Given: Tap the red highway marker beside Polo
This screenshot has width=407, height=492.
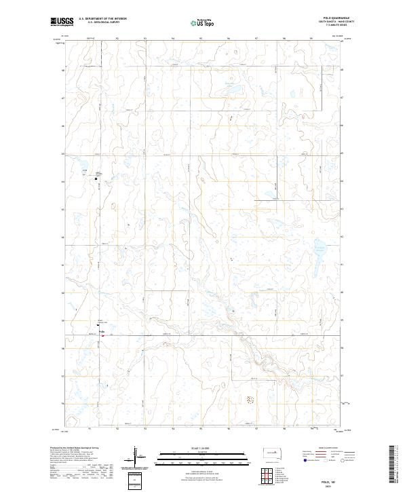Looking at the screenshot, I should pyautogui.click(x=102, y=334).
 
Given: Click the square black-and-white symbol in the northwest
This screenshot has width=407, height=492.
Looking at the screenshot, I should pyautogui.click(x=96, y=179).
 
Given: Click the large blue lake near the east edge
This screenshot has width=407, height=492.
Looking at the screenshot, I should pyautogui.click(x=319, y=247).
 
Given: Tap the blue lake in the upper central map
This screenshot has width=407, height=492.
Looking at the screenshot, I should pyautogui.click(x=234, y=90).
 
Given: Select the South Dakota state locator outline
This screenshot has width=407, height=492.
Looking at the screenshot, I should pyautogui.click(x=272, y=453).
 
